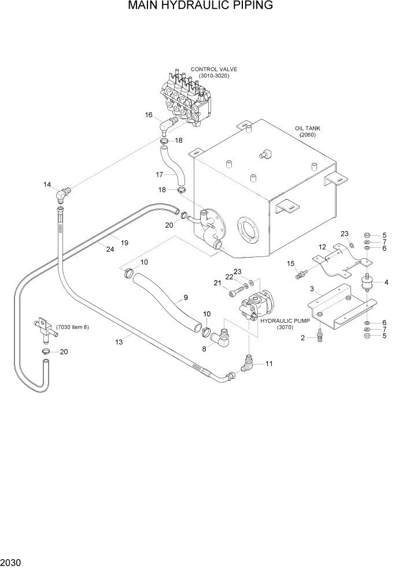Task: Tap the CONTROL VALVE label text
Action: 217,69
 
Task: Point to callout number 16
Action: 149,115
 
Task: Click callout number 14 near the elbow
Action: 47,185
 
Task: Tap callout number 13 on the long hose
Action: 119,343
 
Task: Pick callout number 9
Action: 186,298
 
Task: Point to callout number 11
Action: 268,364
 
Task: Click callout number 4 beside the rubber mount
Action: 386,282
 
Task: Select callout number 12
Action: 323,247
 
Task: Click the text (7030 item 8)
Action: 73,327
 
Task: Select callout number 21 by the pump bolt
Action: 217,282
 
